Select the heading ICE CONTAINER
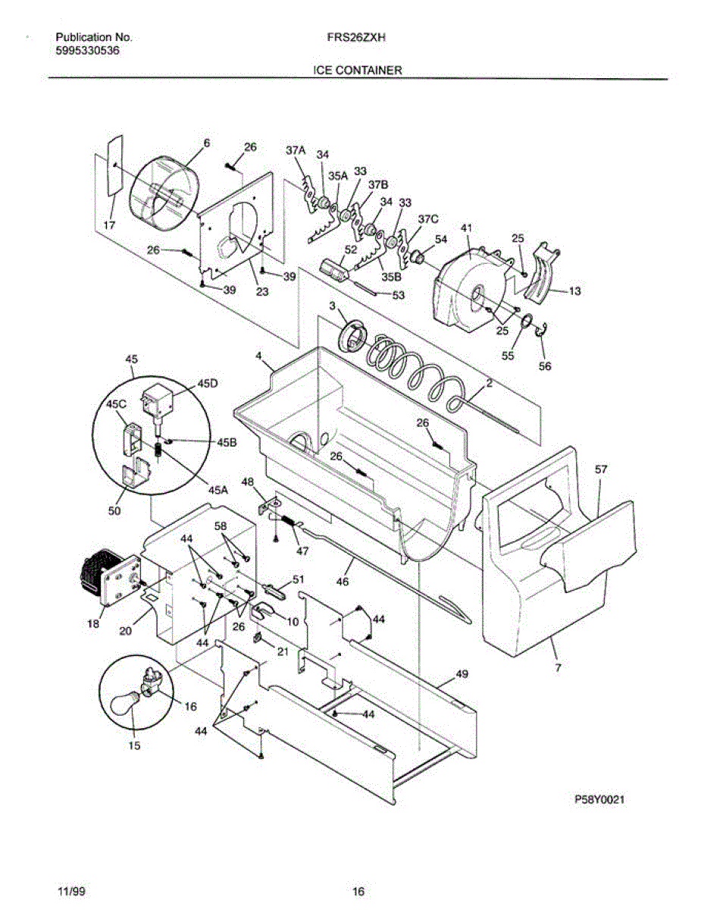click(x=358, y=71)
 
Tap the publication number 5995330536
click(x=87, y=51)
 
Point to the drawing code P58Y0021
click(x=599, y=799)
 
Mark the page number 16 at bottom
click(x=359, y=891)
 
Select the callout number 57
click(x=601, y=470)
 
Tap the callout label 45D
click(x=208, y=384)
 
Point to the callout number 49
click(x=461, y=673)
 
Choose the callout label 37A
click(x=295, y=151)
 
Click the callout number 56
click(x=545, y=366)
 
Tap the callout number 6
click(x=206, y=142)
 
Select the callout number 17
click(x=110, y=224)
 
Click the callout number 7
click(x=557, y=669)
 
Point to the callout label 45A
click(x=218, y=490)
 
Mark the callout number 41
click(x=467, y=227)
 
